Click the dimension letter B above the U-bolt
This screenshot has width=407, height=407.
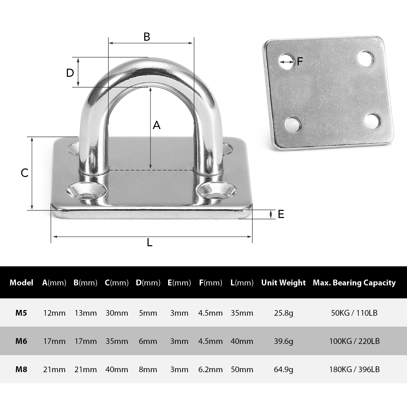point(147,37)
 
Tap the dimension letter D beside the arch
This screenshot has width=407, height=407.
point(70,73)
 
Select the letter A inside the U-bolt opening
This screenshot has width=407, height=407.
point(157,125)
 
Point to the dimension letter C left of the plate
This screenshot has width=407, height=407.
point(25,173)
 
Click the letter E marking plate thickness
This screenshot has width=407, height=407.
point(281,214)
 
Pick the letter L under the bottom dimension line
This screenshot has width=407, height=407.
point(150,243)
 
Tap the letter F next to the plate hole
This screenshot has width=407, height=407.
point(300,61)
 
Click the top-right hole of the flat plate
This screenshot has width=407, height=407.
point(366,59)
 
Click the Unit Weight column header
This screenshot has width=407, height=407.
point(283,283)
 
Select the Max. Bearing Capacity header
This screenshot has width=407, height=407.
point(354,283)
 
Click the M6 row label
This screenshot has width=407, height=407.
point(21,341)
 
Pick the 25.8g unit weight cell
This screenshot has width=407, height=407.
point(283,313)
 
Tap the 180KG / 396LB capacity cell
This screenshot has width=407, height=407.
point(354,369)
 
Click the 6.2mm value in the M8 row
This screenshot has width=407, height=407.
point(210,369)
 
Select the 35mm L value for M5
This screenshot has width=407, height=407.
point(242,313)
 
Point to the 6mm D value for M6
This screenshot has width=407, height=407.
point(148,341)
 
